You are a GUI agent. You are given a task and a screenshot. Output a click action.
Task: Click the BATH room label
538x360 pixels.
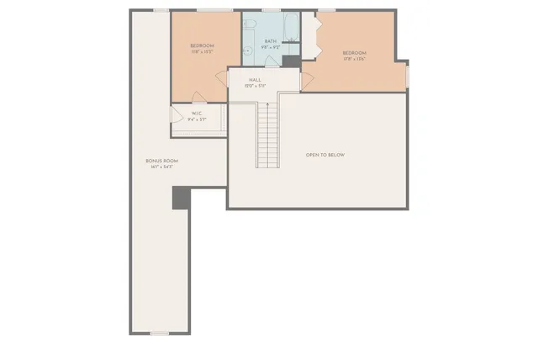tap(271, 41)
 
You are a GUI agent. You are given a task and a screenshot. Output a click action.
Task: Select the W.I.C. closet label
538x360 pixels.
tap(196, 115)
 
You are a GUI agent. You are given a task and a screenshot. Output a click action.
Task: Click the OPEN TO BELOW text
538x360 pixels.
tap(325, 155)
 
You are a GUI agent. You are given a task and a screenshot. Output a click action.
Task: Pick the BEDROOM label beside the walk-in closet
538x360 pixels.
tap(202, 47)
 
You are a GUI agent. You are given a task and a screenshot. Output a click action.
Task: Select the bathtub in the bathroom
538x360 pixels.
tap(290, 29)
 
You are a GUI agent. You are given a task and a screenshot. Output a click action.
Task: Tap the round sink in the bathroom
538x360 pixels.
tap(249, 50)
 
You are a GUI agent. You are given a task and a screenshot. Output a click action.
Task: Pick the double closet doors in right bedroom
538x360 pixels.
tap(309, 37)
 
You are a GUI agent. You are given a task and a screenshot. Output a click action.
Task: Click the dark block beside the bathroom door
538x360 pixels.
tap(291, 61)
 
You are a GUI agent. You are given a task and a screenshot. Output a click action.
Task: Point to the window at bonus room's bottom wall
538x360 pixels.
tap(160, 333)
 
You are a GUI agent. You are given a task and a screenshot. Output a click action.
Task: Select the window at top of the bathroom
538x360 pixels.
tap(271, 11)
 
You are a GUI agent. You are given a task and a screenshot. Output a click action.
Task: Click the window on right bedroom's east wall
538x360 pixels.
tap(407, 76)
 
